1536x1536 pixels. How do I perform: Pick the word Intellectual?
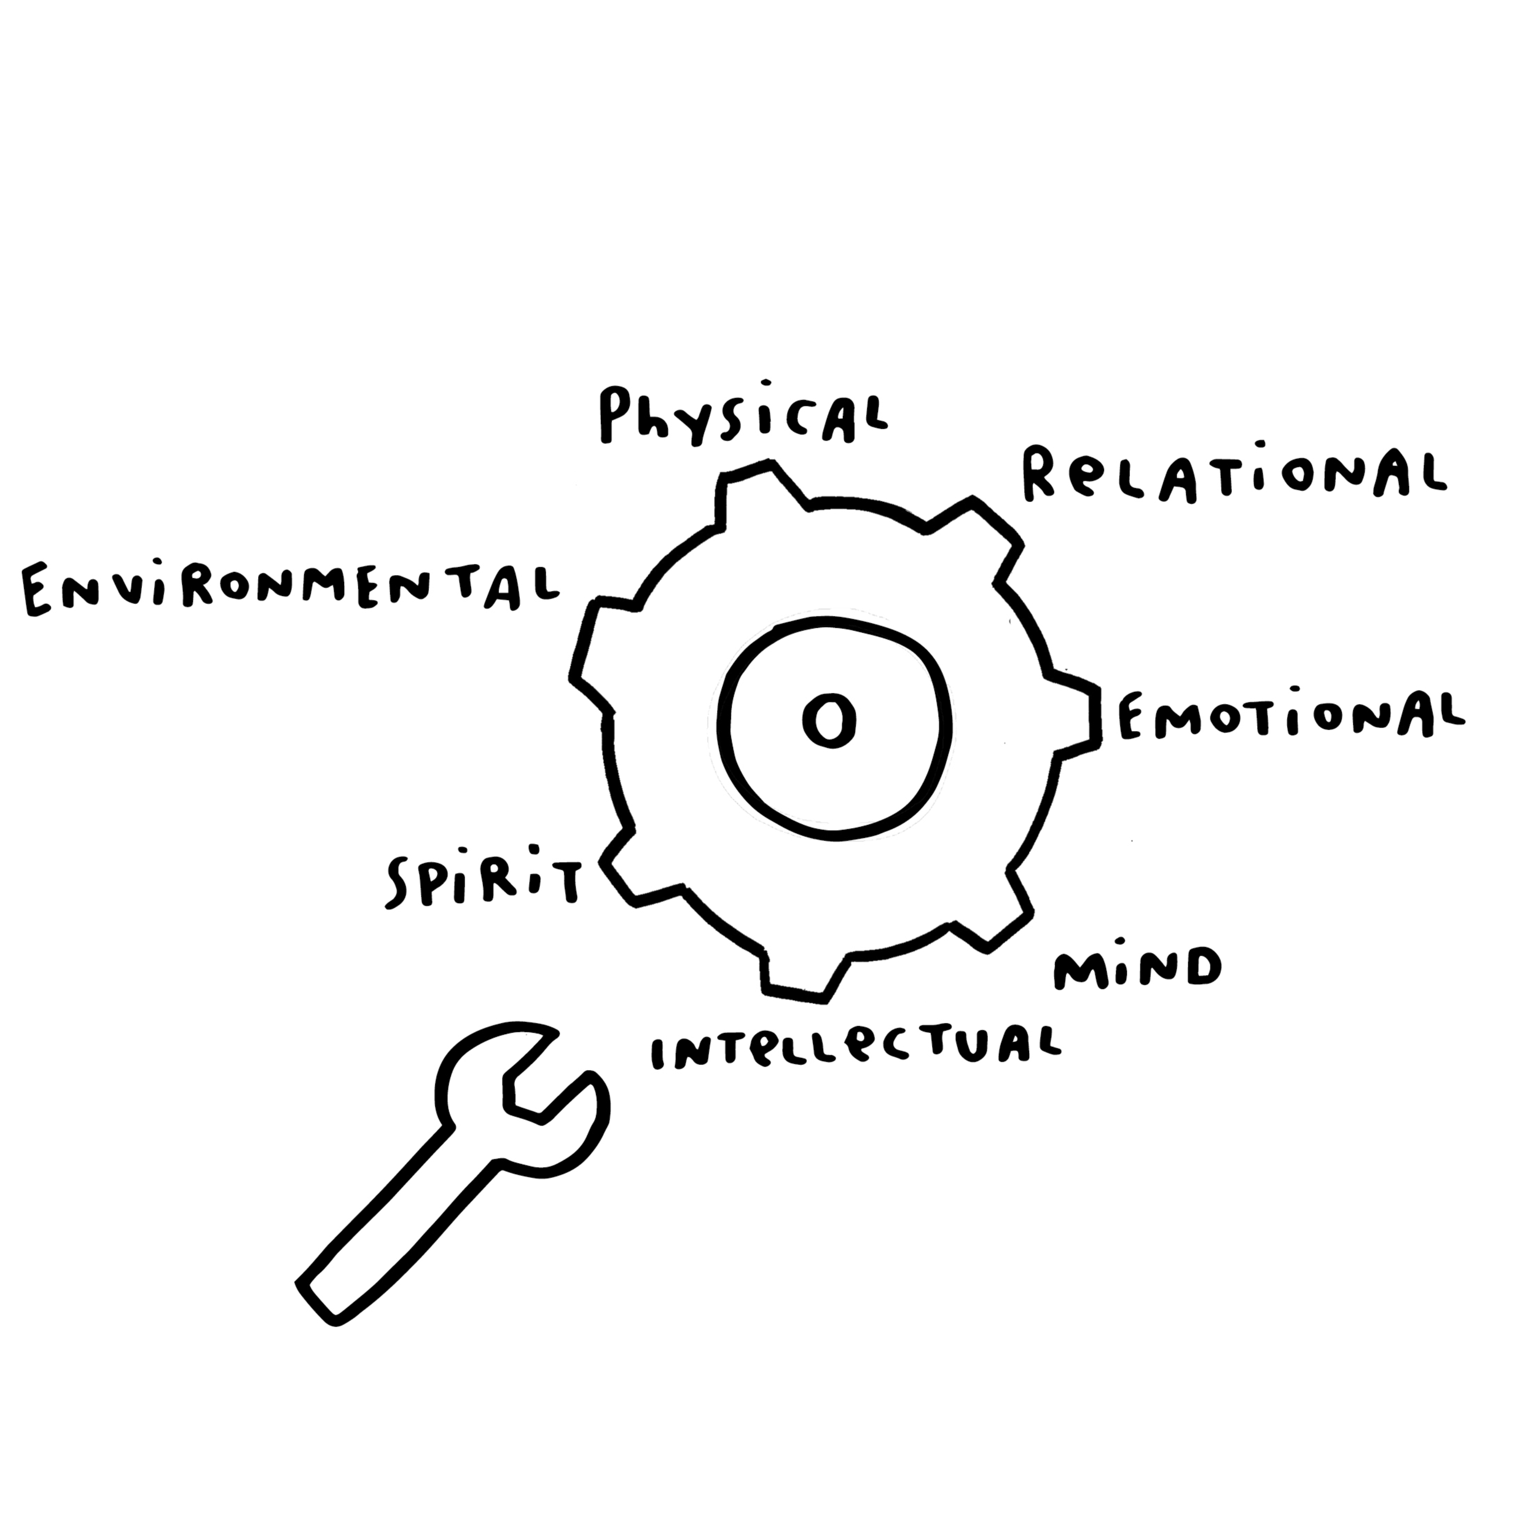click(855, 1049)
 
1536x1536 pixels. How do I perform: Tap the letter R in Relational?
click(1038, 475)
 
